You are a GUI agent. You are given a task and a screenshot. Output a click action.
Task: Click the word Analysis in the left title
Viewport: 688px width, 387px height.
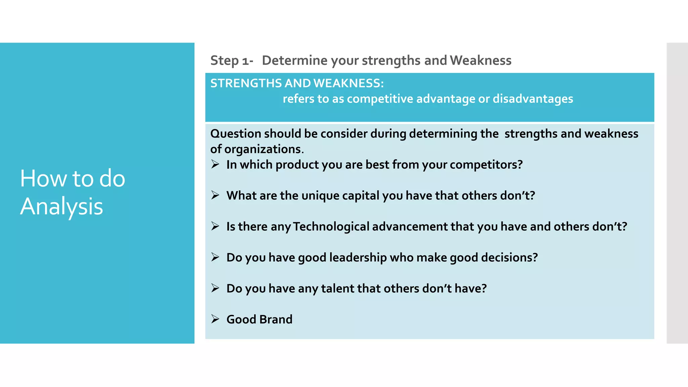click(x=61, y=206)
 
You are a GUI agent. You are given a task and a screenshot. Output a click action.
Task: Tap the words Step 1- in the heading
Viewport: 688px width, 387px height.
click(x=231, y=60)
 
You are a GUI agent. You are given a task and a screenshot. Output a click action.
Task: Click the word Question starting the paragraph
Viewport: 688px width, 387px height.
click(x=235, y=134)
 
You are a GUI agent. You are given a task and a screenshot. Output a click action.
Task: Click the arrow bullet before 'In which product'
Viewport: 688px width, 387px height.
click(x=215, y=164)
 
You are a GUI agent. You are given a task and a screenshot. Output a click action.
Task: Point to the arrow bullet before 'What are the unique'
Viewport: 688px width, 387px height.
click(x=215, y=195)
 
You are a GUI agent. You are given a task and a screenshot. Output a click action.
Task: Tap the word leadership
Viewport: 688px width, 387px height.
click(x=358, y=257)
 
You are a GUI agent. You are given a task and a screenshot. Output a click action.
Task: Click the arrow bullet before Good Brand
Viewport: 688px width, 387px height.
click(x=215, y=319)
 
